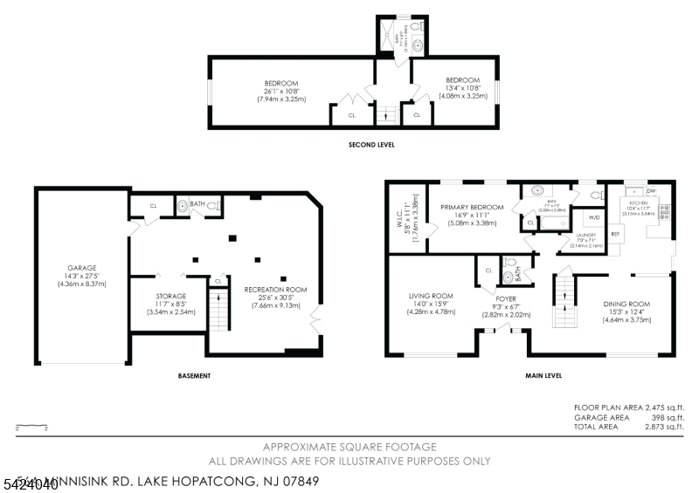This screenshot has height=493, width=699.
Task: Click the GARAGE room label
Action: coord(82,268)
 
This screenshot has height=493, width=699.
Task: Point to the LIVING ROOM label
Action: coord(431,295)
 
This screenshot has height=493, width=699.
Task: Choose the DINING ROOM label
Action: coord(626,304)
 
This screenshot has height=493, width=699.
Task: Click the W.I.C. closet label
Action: coord(396,209)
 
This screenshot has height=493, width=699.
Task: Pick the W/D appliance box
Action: coord(594,217)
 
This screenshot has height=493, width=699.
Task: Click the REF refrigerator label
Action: coord(614,234)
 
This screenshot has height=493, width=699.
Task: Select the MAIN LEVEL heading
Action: coord(543,376)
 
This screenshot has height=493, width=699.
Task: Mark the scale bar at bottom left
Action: coord(31,427)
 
